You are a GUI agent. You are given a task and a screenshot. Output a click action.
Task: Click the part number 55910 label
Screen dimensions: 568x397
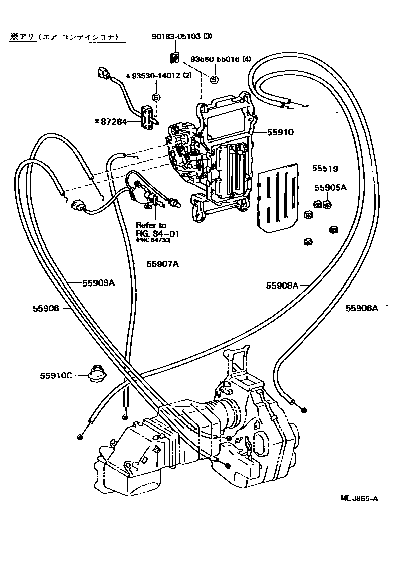(x=280, y=132)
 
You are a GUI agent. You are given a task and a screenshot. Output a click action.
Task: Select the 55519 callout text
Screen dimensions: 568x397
(x=325, y=169)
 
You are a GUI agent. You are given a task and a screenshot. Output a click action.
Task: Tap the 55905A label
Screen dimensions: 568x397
(x=330, y=188)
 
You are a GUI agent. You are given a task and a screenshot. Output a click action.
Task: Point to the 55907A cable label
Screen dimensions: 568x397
(x=162, y=264)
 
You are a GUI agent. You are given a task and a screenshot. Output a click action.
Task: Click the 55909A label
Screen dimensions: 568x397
(x=99, y=282)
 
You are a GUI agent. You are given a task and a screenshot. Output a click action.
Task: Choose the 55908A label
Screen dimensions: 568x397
(x=282, y=285)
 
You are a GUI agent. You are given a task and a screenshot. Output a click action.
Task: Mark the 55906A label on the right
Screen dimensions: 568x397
(x=362, y=308)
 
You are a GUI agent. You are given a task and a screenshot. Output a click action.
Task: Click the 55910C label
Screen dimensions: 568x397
(x=57, y=375)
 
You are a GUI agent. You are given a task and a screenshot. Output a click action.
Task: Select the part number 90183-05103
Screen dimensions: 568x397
(x=176, y=36)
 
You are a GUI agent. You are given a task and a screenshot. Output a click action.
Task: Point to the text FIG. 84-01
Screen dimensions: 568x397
(x=157, y=234)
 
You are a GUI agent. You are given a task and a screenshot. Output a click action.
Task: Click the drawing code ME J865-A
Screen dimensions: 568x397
(x=359, y=498)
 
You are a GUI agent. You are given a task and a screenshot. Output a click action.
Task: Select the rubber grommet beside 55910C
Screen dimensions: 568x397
(x=95, y=373)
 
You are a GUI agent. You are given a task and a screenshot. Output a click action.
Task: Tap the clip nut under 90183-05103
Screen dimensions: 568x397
(x=175, y=58)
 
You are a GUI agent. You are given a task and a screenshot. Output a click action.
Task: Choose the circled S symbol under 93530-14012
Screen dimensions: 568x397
(x=156, y=97)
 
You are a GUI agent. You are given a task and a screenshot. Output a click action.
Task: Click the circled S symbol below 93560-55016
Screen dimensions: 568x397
(x=214, y=80)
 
